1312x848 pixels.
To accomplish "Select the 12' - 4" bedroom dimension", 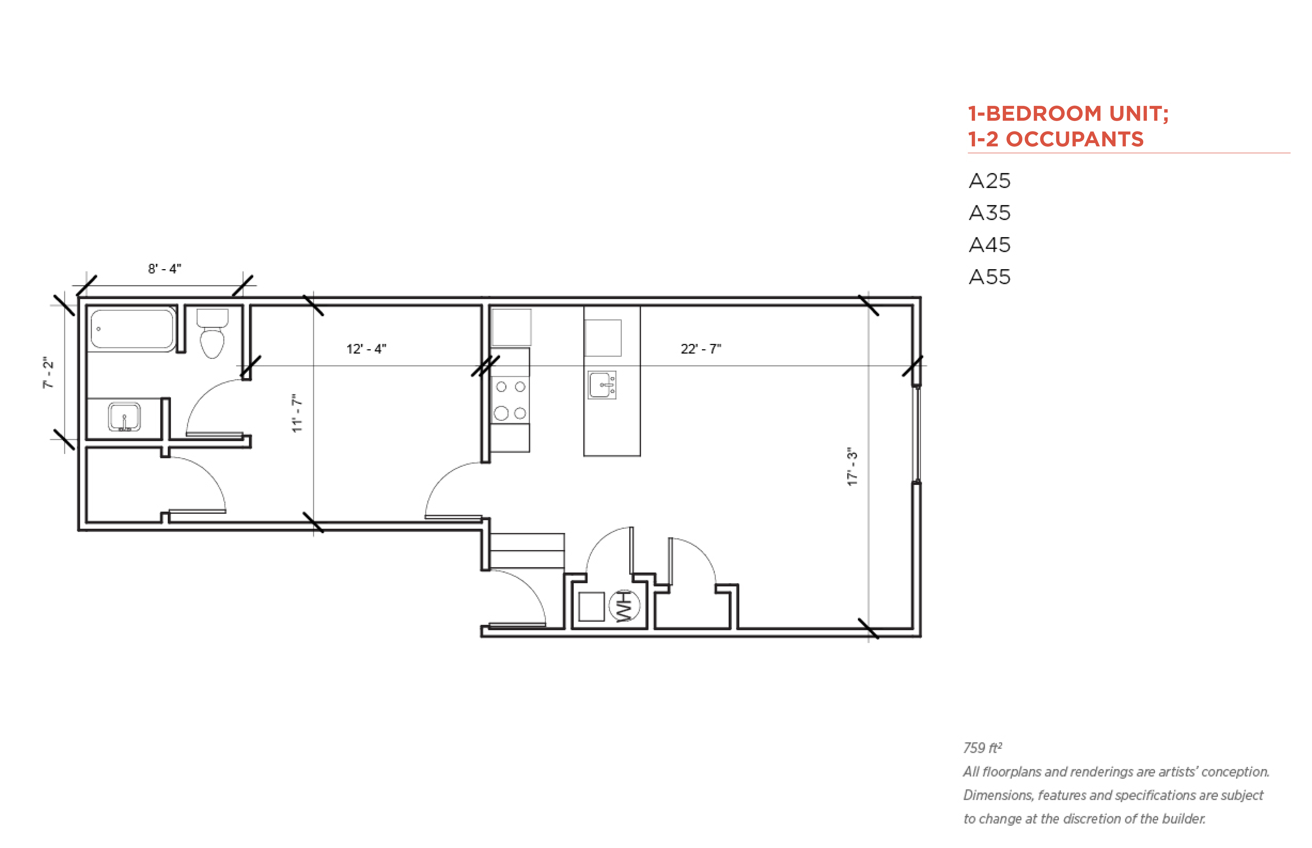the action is (366, 349).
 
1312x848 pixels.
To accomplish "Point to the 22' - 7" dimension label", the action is (701, 349).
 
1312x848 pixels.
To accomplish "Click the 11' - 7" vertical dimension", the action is (297, 413).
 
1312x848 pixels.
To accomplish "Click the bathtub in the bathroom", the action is (132, 329).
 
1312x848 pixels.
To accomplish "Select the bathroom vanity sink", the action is (124, 417).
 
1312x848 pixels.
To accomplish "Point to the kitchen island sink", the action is (602, 385).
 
